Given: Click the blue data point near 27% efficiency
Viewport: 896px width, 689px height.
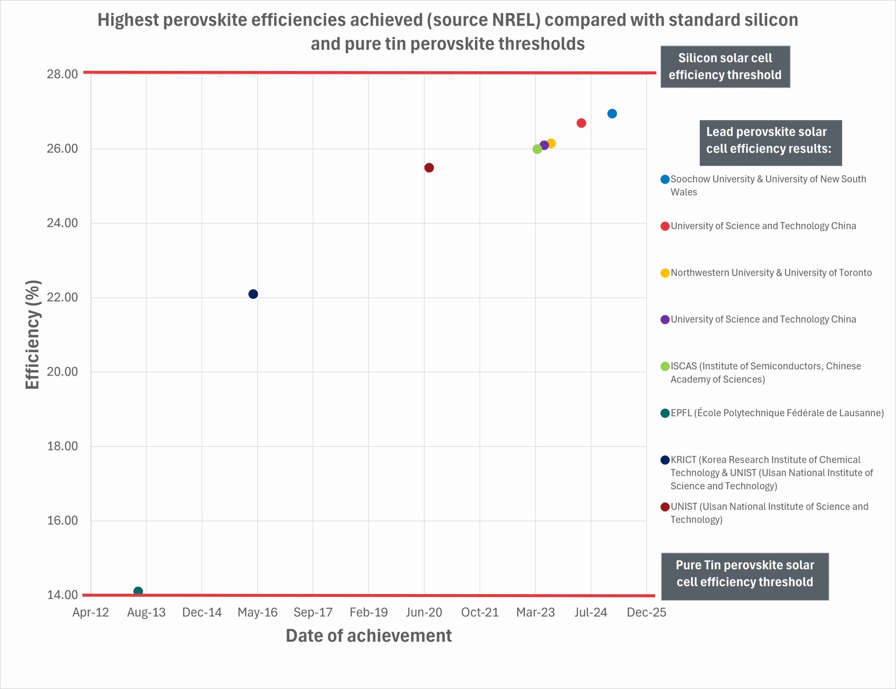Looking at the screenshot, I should pyautogui.click(x=612, y=114).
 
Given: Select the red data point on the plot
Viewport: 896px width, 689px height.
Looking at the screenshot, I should pyautogui.click(x=581, y=123).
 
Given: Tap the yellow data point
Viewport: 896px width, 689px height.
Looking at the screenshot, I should pyautogui.click(x=551, y=143).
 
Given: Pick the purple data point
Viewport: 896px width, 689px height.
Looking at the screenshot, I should pyautogui.click(x=544, y=145).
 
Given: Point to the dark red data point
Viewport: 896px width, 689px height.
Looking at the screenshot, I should pyautogui.click(x=429, y=168).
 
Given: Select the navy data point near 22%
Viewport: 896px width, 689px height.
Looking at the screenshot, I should pyautogui.click(x=253, y=294).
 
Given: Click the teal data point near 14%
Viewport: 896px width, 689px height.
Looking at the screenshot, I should pyautogui.click(x=138, y=591).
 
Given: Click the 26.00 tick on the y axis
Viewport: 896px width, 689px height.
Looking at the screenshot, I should pyautogui.click(x=62, y=148).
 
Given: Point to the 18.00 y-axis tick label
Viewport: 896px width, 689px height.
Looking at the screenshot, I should pyautogui.click(x=62, y=446).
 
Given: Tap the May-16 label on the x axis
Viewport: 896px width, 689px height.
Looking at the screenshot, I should pyautogui.click(x=257, y=612).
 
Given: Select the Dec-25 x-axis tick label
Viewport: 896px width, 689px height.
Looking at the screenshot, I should pyautogui.click(x=646, y=612).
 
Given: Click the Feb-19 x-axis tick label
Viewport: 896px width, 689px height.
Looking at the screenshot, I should pyautogui.click(x=369, y=612).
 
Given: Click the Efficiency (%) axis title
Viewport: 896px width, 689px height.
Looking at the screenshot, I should pyautogui.click(x=33, y=335).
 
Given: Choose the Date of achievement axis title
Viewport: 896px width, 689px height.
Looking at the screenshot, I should pyautogui.click(x=369, y=636).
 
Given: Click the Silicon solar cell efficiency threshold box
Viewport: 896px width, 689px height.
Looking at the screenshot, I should pyautogui.click(x=725, y=66).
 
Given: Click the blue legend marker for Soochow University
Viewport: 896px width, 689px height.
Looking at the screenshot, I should pyautogui.click(x=665, y=179).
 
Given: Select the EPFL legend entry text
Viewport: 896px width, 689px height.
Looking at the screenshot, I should pyautogui.click(x=777, y=413).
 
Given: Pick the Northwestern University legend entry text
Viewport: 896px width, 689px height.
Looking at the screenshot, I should pyautogui.click(x=771, y=273).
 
